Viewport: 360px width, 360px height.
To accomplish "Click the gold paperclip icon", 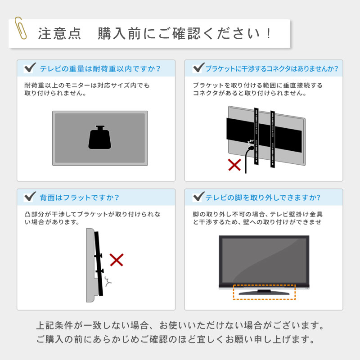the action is pyautogui.click(x=21, y=28).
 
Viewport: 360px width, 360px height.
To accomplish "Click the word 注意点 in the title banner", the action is pyautogui.click(x=59, y=34).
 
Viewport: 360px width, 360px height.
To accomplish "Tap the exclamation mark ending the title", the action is pyautogui.click(x=269, y=34).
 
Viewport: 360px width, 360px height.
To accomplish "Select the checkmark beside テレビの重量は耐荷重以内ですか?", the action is pyautogui.click(x=30, y=67).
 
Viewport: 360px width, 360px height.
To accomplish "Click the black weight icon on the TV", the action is pyautogui.click(x=99, y=137).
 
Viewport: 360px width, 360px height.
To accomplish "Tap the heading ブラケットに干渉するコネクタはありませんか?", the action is pyautogui.click(x=272, y=69).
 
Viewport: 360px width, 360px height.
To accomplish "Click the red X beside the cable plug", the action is pyautogui.click(x=234, y=165).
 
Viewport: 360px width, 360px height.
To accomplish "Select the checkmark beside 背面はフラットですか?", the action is pyautogui.click(x=30, y=197).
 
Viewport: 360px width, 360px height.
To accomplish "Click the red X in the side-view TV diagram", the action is pyautogui.click(x=117, y=260).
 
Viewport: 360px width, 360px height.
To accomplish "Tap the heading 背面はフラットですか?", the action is pyautogui.click(x=80, y=198).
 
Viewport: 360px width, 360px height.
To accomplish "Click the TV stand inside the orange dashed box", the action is pyautogui.click(x=264, y=293).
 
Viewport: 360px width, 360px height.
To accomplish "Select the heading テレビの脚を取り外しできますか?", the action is pyautogui.click(x=263, y=198).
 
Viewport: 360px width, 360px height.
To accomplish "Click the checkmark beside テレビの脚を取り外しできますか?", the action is pyautogui.click(x=199, y=197).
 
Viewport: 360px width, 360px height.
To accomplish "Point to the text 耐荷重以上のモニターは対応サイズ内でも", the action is pyautogui.click(x=87, y=85).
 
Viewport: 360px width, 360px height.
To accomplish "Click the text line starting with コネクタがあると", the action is pyautogui.click(x=250, y=93).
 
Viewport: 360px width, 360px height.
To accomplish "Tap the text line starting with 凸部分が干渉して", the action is pyautogui.click(x=93, y=215).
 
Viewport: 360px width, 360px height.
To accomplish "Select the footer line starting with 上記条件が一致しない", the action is pyautogui.click(x=180, y=325).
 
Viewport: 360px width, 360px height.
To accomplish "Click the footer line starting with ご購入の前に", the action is pyautogui.click(x=175, y=339).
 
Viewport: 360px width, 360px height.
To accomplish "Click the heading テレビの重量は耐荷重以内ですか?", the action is pyautogui.click(x=100, y=69).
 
